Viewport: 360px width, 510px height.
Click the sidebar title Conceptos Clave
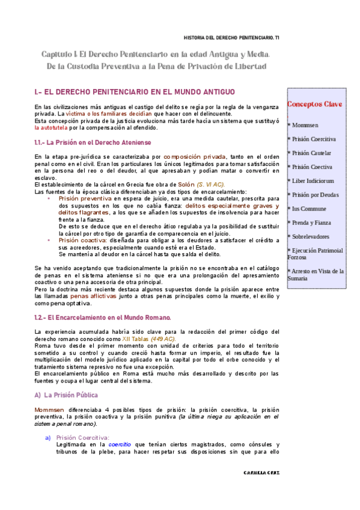tap(315, 104)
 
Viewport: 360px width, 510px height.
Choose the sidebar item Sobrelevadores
tap(311, 236)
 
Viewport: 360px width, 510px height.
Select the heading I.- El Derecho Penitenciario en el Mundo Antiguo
tap(135, 92)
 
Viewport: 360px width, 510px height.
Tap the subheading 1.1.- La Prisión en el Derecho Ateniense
tap(97, 143)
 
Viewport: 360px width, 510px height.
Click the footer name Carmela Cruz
tap(261, 473)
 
